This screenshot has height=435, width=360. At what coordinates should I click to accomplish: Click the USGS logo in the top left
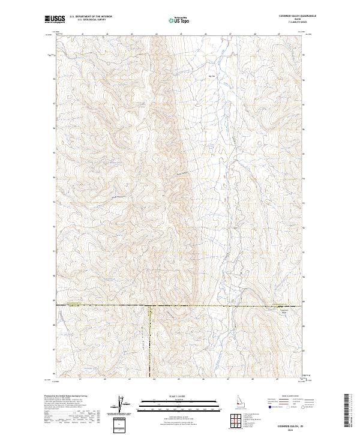coord(55,19)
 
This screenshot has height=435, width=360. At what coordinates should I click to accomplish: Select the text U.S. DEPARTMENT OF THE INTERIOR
coord(91,17)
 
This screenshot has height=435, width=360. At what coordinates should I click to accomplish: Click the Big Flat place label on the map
coord(211,76)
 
